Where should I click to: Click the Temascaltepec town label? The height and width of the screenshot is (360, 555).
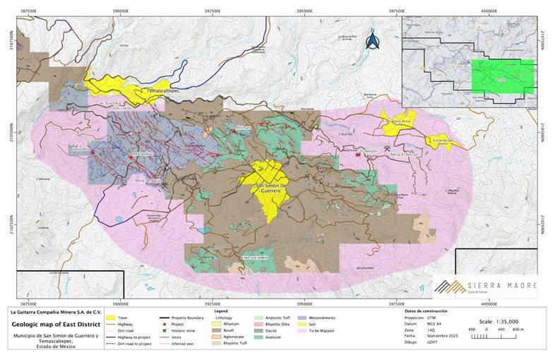(x=164, y=92)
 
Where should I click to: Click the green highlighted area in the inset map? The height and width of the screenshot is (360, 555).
(x=503, y=77)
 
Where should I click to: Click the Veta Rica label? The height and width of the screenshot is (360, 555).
(x=80, y=150)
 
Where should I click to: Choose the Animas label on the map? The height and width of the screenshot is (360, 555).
(x=244, y=128)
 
